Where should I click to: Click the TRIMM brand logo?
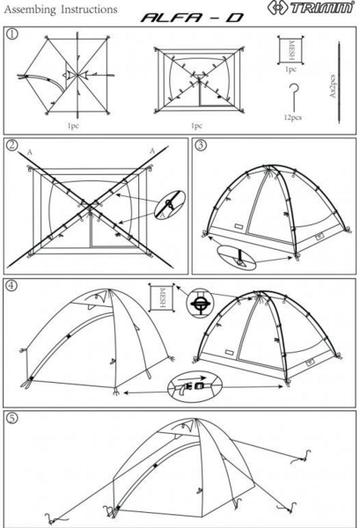pyautogui.click(x=312, y=8)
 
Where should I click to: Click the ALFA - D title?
pyautogui.click(x=192, y=18)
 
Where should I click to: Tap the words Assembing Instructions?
pyautogui.click(x=61, y=10)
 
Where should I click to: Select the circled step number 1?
pyautogui.click(x=12, y=34)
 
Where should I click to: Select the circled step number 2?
pyautogui.click(x=12, y=145)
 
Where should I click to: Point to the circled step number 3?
pyautogui.click(x=201, y=145)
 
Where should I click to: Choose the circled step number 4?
pyautogui.click(x=11, y=285)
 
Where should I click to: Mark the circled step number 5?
pyautogui.click(x=12, y=419)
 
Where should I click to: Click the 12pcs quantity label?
pyautogui.click(x=292, y=118)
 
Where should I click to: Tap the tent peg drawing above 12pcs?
pyautogui.click(x=294, y=98)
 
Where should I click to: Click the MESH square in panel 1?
pyautogui.click(x=290, y=50)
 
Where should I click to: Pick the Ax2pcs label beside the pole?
pyautogui.click(x=333, y=86)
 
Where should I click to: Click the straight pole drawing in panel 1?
pyautogui.click(x=339, y=83)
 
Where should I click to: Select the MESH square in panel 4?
pyautogui.click(x=162, y=297)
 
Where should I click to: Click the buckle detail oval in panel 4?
pyautogui.click(x=195, y=386)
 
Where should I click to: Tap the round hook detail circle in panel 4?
pyautogui.click(x=200, y=303)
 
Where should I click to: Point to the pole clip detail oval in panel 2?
pyautogui.click(x=170, y=205)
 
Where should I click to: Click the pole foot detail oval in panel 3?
pyautogui.click(x=237, y=258)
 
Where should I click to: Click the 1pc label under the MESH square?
pyautogui.click(x=290, y=70)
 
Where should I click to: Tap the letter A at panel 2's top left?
pyautogui.click(x=30, y=152)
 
